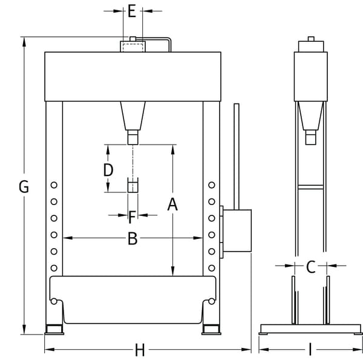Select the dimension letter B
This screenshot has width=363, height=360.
point(132,239)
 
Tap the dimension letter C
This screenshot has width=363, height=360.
point(311,266)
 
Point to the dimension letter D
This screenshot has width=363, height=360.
point(108,170)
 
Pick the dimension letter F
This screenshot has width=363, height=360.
point(132,215)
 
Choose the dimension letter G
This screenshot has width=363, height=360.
point(24,187)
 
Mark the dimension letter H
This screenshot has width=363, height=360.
point(140,350)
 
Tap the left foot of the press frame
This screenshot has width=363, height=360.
point(54,329)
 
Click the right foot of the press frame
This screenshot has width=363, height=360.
point(211,329)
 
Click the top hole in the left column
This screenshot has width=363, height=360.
point(54,185)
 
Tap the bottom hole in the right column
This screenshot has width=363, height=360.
point(211,267)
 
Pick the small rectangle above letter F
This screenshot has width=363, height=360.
point(132,185)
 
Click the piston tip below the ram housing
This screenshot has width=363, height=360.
point(132,139)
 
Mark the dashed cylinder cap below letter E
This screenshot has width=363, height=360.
point(132,47)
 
